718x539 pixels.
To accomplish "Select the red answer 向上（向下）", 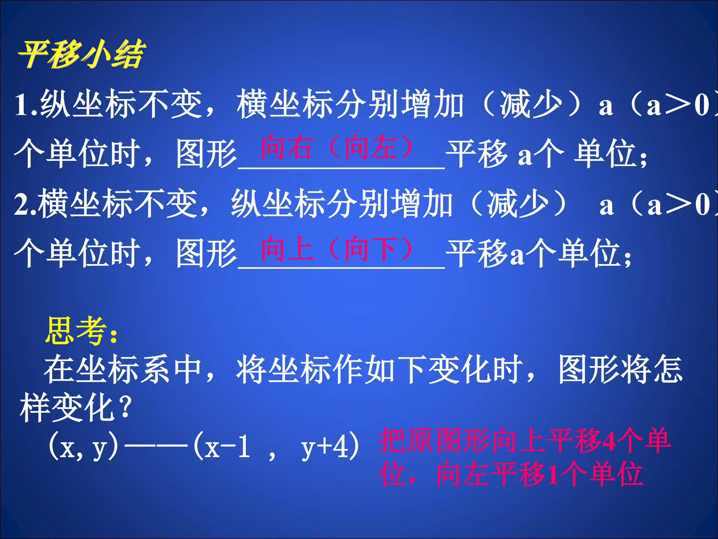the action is point(338,249).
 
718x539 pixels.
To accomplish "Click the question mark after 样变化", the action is point(125,407).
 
